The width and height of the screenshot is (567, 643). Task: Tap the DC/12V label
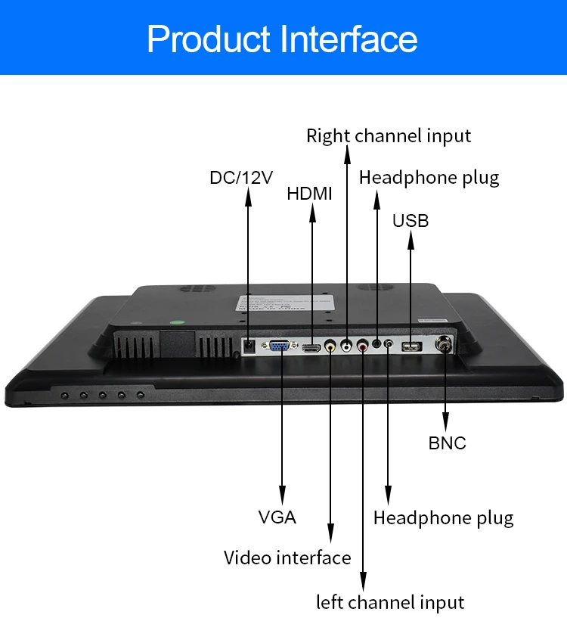(241, 178)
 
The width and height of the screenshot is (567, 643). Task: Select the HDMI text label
(309, 194)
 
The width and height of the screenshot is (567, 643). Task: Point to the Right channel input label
(389, 136)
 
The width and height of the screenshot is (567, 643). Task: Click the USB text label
(411, 221)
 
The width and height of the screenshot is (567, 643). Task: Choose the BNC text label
(448, 443)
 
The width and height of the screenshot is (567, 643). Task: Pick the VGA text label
(277, 517)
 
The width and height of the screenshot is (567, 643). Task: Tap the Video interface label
(287, 558)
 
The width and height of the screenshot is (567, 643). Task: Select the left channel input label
(390, 603)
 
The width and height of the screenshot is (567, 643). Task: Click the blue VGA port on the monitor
(280, 347)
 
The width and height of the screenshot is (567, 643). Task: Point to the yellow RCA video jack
(330, 347)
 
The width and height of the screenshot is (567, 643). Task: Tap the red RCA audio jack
(364, 347)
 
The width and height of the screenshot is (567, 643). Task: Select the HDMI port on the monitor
(311, 348)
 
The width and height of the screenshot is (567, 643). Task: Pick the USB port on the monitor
(412, 347)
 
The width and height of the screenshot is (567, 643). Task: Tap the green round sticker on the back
(177, 321)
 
